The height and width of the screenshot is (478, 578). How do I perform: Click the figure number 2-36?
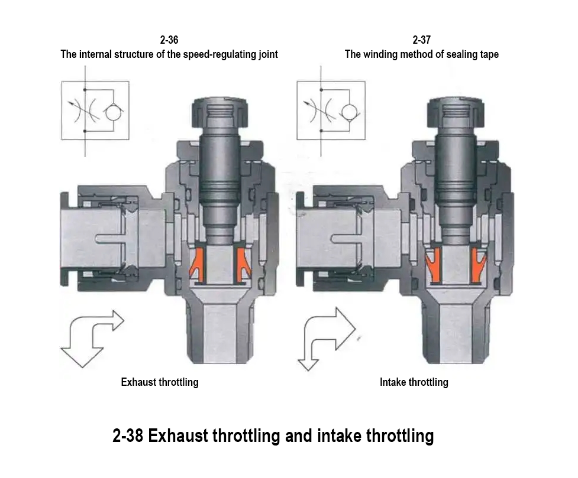[x=169, y=40]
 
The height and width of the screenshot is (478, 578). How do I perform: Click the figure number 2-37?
[x=421, y=40]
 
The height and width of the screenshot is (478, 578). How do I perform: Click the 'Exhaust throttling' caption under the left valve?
[x=160, y=382]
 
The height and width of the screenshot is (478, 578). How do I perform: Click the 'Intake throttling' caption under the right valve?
[x=414, y=382]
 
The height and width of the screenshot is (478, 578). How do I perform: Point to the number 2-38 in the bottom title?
[x=128, y=437]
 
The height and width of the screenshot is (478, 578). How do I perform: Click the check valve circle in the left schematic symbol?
[x=112, y=111]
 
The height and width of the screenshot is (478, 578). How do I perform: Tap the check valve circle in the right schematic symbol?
[x=347, y=111]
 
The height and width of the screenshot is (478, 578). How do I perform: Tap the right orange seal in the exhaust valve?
[x=242, y=264]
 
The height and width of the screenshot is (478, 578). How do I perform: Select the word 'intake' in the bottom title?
[x=340, y=437]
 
